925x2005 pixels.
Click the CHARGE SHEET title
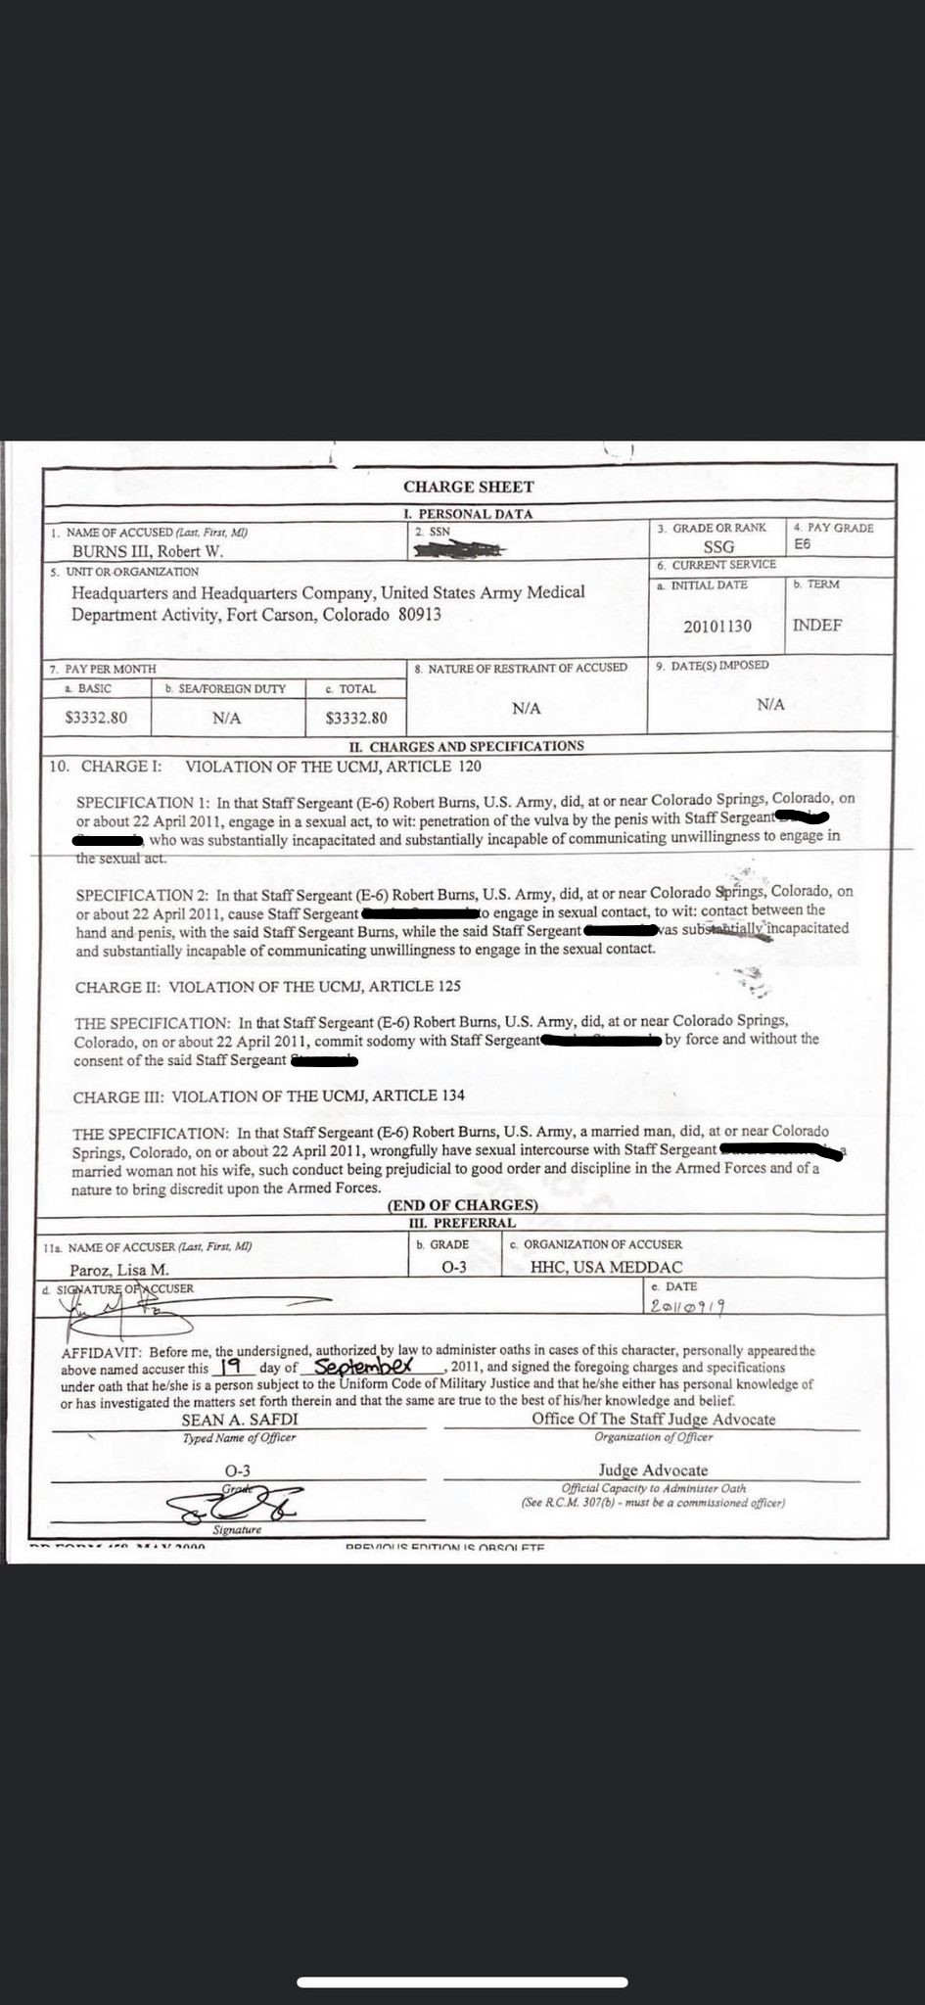pyautogui.click(x=468, y=487)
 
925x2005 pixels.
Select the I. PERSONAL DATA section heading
pyautogui.click(x=468, y=513)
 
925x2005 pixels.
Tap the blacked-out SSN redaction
pyautogui.click(x=460, y=551)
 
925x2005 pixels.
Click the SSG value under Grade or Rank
pyautogui.click(x=718, y=547)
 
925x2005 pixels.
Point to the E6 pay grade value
pyautogui.click(x=803, y=543)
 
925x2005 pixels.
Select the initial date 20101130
pyautogui.click(x=717, y=626)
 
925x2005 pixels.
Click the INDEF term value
pyautogui.click(x=817, y=625)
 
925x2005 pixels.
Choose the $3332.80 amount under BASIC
pyautogui.click(x=95, y=717)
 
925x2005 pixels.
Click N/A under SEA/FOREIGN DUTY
pyautogui.click(x=226, y=718)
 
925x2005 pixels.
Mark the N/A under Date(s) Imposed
pyautogui.click(x=771, y=704)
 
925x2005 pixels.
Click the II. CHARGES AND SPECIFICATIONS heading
pyautogui.click(x=467, y=746)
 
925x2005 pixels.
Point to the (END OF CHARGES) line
pyautogui.click(x=462, y=1205)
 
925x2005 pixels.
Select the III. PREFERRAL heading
pyautogui.click(x=462, y=1223)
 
